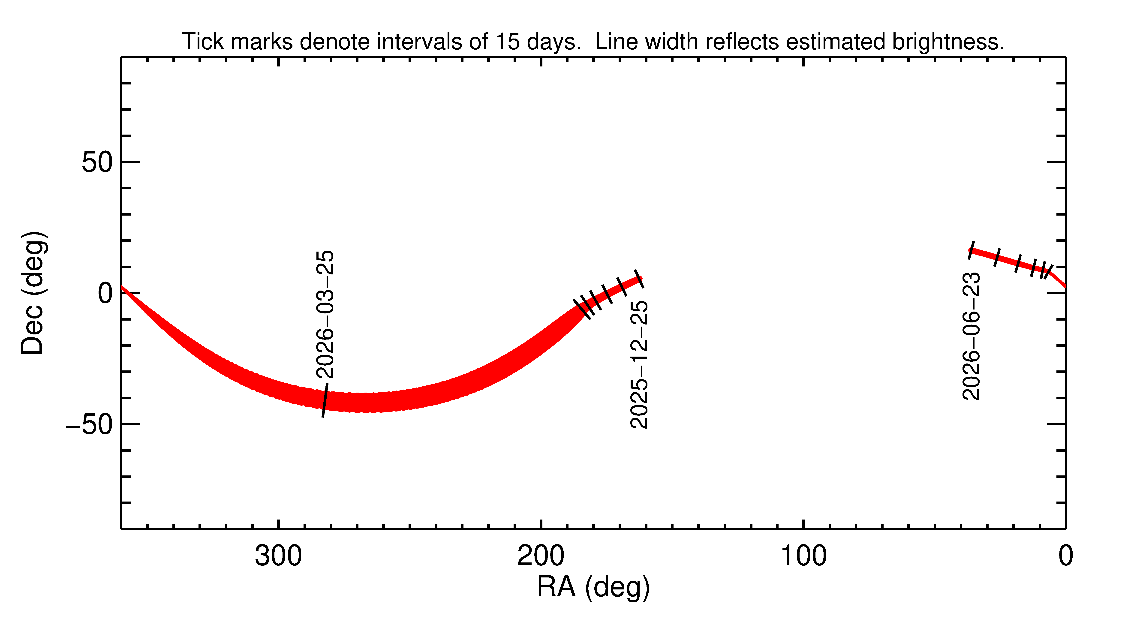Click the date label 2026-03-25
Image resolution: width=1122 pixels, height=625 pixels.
325,314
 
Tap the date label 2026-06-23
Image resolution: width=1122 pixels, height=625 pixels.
971,336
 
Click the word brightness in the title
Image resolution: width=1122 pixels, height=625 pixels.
948,42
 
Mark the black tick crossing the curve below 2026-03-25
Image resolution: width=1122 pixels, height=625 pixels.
325,400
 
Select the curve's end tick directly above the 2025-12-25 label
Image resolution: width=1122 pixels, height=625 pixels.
639,279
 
